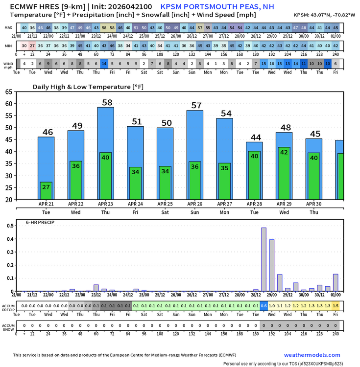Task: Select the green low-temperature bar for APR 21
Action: point(46,191)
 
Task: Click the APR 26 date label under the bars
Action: point(195,204)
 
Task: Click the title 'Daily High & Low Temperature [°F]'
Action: point(84,87)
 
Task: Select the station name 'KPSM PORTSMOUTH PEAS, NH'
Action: point(217,7)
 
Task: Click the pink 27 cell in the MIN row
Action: point(32,46)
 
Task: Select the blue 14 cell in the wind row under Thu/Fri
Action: point(104,64)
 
